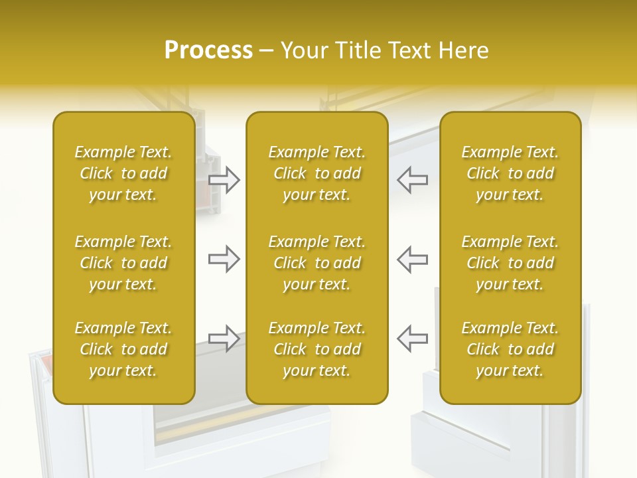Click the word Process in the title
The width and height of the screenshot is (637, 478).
(x=208, y=50)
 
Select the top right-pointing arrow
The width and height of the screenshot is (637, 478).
(x=224, y=180)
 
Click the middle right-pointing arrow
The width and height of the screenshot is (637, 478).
(x=224, y=259)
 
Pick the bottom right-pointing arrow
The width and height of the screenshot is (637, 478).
(x=224, y=339)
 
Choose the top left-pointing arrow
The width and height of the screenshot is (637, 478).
(x=413, y=180)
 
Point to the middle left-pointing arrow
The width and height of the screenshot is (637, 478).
(x=413, y=259)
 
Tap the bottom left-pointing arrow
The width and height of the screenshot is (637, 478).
(x=413, y=339)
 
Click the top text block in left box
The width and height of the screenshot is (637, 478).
(x=123, y=173)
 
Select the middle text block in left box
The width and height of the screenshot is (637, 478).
(x=123, y=263)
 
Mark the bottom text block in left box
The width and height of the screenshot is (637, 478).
(x=123, y=349)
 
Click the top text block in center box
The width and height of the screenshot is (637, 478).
(x=317, y=173)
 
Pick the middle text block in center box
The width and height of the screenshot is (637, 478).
(x=317, y=263)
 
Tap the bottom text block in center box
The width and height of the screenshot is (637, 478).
(x=317, y=349)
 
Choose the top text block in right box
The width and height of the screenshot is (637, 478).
(x=510, y=173)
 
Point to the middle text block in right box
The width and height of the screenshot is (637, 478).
(x=510, y=263)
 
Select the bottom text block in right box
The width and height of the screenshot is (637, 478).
(x=510, y=349)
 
